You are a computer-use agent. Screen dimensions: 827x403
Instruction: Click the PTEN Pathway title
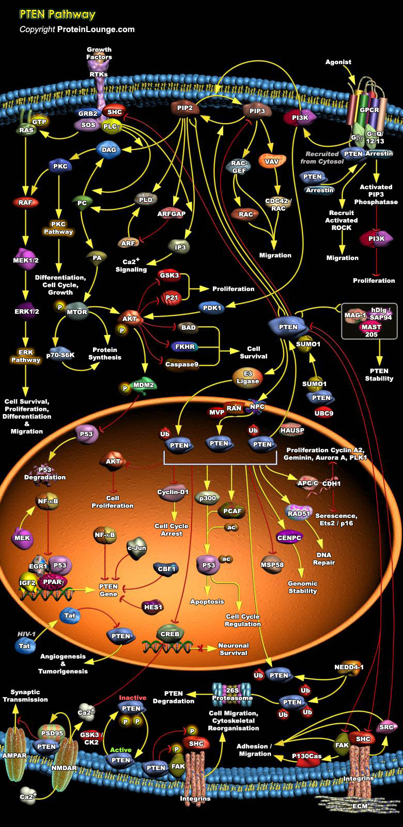(57, 14)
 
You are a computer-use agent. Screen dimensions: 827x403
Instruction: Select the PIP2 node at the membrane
(184, 108)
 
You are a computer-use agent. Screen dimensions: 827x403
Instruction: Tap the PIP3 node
(257, 111)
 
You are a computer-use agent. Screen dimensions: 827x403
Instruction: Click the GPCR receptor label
(369, 110)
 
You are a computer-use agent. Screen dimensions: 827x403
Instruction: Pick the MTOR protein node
(77, 312)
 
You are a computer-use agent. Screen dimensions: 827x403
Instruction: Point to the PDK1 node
(212, 308)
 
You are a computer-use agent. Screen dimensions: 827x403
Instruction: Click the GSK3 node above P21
(169, 275)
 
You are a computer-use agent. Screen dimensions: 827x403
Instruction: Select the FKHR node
(184, 347)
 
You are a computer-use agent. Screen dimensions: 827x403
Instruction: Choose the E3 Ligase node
(247, 377)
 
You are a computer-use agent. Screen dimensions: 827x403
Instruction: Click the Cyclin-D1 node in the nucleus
(173, 492)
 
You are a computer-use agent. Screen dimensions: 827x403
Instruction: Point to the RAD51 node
(298, 513)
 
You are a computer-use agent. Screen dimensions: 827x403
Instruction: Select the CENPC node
(289, 538)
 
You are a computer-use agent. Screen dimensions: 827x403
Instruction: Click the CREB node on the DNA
(169, 634)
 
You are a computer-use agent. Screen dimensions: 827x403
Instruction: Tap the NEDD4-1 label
(349, 667)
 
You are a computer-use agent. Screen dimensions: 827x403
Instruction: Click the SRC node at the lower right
(386, 727)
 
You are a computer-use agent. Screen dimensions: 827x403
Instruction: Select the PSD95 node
(51, 733)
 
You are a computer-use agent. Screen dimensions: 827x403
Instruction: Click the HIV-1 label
(26, 634)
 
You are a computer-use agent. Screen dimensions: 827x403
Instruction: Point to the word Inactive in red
(133, 697)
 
